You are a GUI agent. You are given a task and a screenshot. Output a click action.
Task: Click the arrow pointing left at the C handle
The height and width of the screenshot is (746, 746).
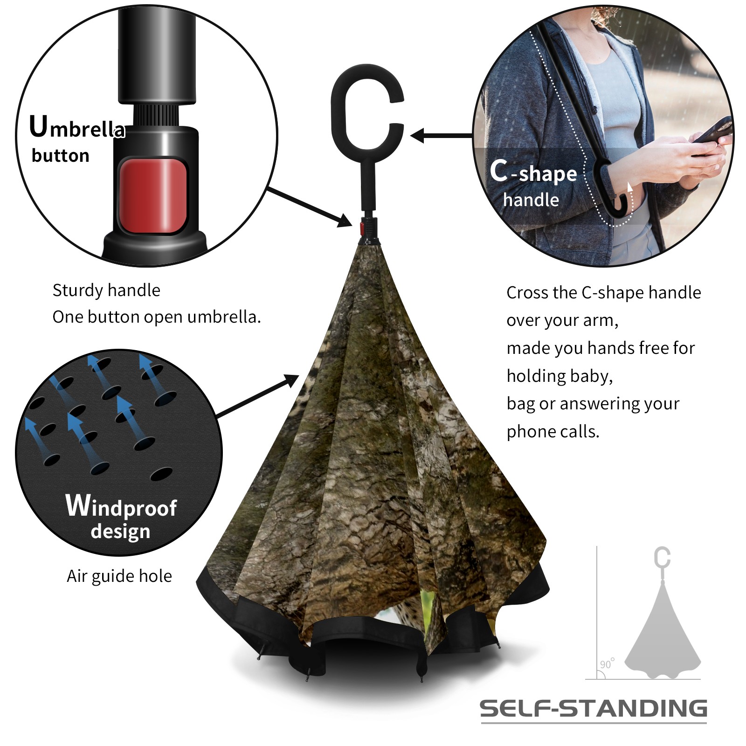tap(442, 136)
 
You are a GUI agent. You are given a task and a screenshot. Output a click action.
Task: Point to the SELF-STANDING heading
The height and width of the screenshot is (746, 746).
tap(593, 708)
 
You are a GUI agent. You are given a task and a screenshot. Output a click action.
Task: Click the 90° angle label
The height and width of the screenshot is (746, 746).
tap(607, 663)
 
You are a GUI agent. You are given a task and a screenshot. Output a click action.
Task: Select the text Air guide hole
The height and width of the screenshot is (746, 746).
tap(119, 576)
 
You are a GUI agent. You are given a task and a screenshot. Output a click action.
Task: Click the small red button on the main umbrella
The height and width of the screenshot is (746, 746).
tap(362, 228)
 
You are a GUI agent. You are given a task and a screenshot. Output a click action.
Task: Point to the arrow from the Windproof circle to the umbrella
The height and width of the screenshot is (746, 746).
tap(258, 396)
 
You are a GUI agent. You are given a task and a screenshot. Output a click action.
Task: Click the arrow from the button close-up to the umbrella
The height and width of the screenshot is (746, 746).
tap(310, 207)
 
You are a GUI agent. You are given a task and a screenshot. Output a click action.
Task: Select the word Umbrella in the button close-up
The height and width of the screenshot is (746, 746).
tap(77, 127)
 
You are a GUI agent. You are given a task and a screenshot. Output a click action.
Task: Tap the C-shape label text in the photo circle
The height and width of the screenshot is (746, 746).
tap(533, 172)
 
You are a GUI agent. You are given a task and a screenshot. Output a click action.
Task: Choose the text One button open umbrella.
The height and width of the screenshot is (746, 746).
tap(157, 317)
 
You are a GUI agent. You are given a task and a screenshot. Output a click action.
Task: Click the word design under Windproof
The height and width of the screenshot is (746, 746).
tap(121, 531)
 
